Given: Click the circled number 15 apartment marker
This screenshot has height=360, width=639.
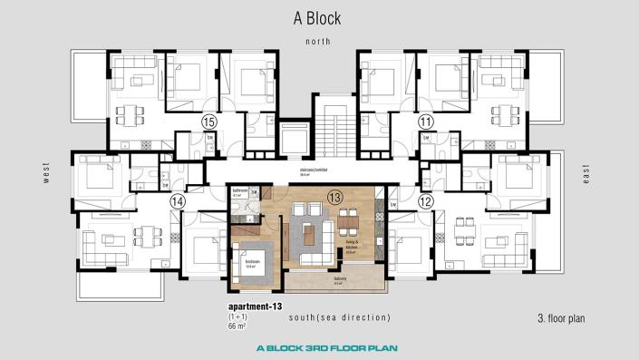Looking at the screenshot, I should [208, 121].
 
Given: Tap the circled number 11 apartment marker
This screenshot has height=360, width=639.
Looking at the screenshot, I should [426, 121].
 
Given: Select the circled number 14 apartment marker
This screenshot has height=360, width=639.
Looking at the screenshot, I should [178, 200].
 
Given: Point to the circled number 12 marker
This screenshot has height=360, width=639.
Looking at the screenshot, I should [426, 200].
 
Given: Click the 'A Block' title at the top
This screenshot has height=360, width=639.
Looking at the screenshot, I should [319, 17].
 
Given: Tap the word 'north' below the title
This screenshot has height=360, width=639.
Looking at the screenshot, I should [318, 42].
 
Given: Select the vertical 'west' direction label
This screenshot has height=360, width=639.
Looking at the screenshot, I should [45, 173].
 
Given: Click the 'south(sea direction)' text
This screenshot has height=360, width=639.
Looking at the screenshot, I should [340, 317].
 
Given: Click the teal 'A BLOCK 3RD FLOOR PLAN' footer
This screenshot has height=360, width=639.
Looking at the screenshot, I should [318, 347].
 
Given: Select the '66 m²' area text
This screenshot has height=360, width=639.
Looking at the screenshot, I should [240, 327].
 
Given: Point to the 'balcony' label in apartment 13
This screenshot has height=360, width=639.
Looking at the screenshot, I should [338, 279].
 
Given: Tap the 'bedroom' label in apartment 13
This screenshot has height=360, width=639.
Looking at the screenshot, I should [253, 261].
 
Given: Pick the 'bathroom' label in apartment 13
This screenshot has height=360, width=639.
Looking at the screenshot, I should [239, 190].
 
